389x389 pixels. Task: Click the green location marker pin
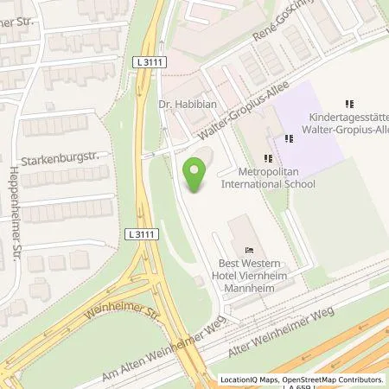pyautogui.click(x=196, y=176)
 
